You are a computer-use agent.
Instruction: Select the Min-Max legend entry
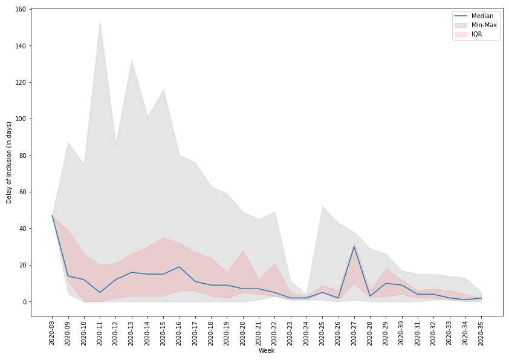[484, 25]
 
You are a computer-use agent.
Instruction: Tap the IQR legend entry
[477, 34]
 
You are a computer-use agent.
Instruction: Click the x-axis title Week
[267, 350]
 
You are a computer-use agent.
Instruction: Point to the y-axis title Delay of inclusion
[9, 162]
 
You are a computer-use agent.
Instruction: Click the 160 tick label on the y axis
[20, 10]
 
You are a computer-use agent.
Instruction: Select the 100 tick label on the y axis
[20, 119]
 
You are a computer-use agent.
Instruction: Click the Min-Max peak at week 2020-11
[100, 22]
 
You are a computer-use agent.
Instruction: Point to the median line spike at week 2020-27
[354, 246]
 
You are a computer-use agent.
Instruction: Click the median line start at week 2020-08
[52, 216]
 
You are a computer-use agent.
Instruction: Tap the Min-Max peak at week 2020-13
[132, 61]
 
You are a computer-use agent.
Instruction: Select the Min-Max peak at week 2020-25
[322, 207]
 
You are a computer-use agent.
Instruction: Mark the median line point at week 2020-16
[179, 267]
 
